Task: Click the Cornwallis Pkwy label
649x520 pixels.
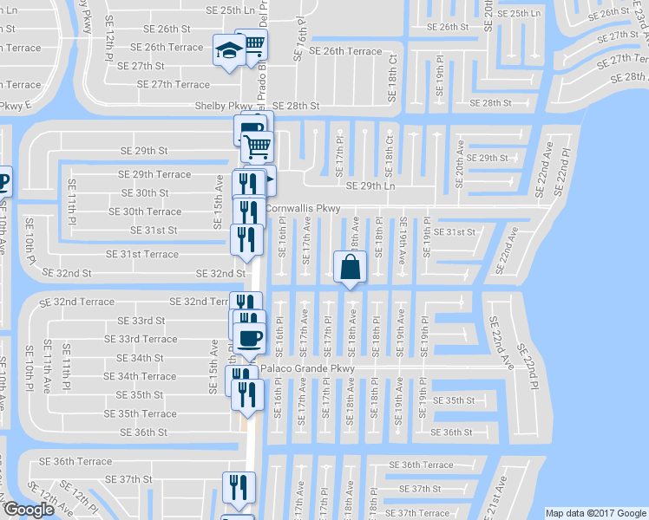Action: point(303,208)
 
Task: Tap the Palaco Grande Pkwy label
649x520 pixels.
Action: point(309,368)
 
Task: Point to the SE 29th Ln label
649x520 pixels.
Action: point(370,185)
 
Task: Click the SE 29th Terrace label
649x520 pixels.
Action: point(154,174)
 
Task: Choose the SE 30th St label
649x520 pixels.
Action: point(145,192)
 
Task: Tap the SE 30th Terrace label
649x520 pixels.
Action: point(145,211)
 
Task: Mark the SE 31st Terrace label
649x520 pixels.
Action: point(142,254)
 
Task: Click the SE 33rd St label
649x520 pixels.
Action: point(141,321)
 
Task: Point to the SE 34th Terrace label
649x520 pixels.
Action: point(141,376)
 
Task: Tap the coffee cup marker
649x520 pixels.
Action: point(249,338)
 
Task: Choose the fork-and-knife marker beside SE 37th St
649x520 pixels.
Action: point(238,487)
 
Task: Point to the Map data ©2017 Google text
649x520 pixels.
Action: point(595,513)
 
